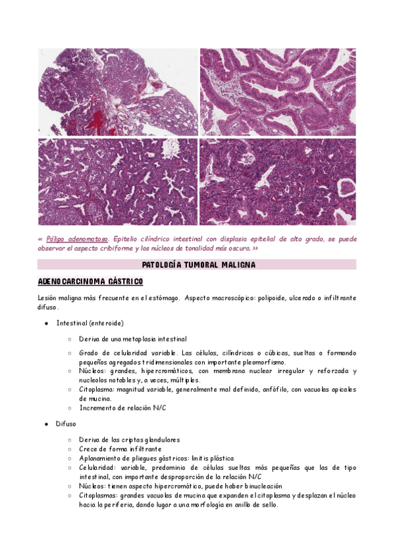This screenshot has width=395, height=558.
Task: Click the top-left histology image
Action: pos(118,91)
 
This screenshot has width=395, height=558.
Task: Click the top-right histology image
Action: pos(277,91)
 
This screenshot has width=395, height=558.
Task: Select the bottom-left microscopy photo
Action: pos(118,182)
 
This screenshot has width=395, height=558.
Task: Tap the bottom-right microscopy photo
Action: pos(277,182)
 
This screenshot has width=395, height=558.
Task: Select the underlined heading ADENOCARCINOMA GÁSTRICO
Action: pos(90,282)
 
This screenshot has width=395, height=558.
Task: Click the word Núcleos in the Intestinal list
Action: pos(92,371)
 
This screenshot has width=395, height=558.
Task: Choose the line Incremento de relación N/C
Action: pos(123,407)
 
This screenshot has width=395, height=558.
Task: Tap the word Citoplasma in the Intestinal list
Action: pos(96,390)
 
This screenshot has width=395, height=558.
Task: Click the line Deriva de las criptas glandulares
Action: pos(129,440)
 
